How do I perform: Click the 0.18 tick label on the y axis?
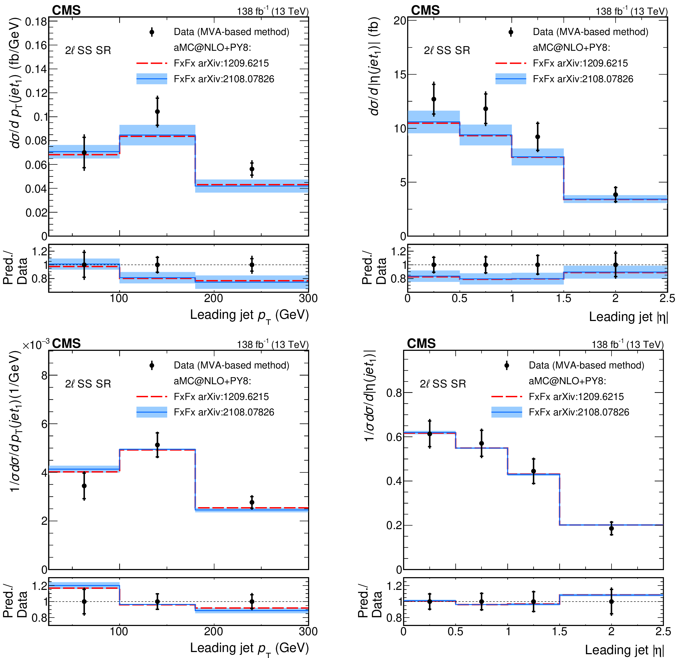click(36, 22)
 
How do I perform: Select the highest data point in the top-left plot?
click(157, 112)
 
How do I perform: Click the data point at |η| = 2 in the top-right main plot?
click(616, 195)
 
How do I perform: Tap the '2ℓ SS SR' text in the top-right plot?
click(447, 50)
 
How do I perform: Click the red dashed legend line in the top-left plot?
click(151, 63)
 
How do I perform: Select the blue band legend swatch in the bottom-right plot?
click(506, 412)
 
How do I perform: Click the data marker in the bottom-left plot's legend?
click(152, 365)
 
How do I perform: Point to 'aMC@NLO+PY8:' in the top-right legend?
click(571, 47)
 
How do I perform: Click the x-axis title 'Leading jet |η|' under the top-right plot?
click(628, 317)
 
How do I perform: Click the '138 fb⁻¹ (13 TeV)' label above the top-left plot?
click(273, 11)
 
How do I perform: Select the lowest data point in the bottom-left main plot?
click(84, 486)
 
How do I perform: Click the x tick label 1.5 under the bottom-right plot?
click(559, 631)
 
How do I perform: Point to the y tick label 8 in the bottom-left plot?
click(44, 376)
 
